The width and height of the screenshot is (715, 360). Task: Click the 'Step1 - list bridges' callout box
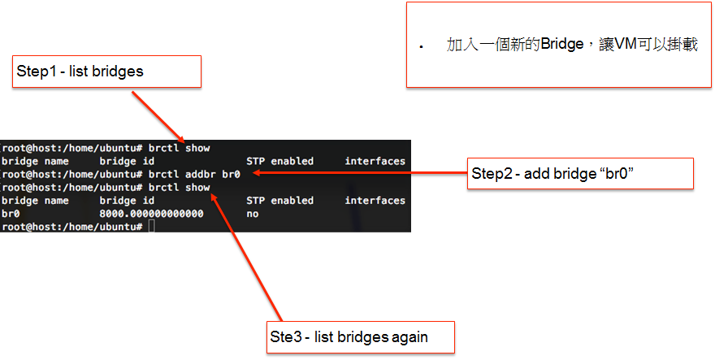click(106, 72)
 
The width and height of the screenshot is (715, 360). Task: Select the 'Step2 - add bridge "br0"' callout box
click(580, 173)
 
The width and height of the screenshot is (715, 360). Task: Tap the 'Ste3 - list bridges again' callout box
click(361, 337)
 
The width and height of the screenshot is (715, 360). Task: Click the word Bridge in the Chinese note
click(562, 44)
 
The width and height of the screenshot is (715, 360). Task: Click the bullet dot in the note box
click(422, 46)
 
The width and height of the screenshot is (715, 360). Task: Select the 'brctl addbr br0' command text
click(194, 174)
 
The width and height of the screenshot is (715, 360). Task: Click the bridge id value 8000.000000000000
click(151, 214)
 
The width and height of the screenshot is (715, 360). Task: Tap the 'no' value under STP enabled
click(253, 214)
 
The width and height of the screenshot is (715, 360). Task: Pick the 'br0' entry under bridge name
click(11, 214)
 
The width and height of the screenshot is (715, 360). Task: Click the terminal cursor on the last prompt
click(151, 226)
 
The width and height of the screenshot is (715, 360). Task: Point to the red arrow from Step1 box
click(158, 117)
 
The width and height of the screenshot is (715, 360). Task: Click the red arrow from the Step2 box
click(360, 172)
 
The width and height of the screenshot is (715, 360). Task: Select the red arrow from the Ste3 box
click(247, 257)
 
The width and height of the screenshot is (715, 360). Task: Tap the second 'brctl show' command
click(180, 188)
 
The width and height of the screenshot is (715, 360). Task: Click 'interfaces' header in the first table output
click(375, 161)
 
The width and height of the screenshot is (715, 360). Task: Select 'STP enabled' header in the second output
click(280, 200)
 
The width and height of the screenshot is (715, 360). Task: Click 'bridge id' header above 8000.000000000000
click(127, 200)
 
